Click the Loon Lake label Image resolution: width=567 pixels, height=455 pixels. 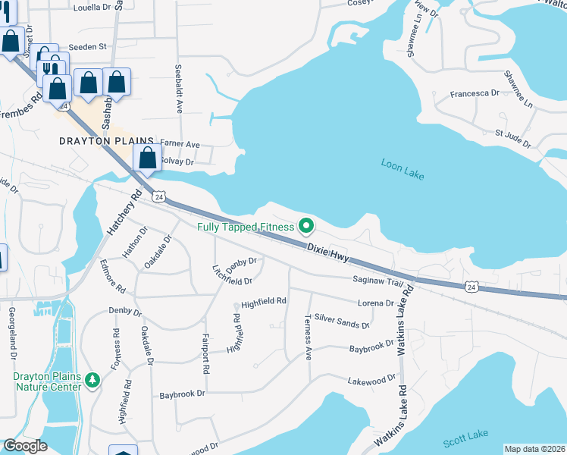click(402, 168)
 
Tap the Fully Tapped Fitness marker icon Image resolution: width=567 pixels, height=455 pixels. click(306, 226)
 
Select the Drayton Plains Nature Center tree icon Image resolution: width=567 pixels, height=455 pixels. click(92, 379)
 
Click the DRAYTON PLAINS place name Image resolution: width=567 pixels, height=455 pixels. click(106, 142)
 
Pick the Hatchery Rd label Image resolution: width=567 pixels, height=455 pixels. click(124, 216)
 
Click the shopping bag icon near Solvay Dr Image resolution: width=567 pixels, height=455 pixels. click(147, 159)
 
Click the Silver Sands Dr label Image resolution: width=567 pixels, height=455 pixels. click(341, 322)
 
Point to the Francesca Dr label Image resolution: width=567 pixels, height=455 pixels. click(475, 93)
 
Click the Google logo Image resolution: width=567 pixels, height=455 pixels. click(24, 446)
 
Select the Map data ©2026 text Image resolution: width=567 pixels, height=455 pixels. click(534, 449)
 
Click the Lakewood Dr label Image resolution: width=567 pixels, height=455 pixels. click(371, 378)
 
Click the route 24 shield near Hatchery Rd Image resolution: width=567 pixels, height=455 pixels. click(158, 197)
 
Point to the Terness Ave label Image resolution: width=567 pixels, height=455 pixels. click(308, 337)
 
